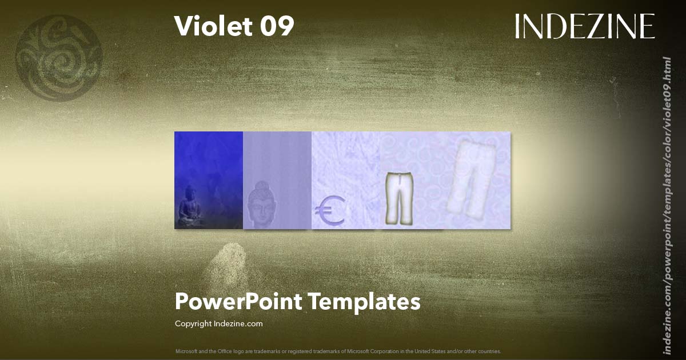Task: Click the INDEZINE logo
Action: click(x=584, y=26)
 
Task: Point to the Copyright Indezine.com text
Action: click(x=218, y=323)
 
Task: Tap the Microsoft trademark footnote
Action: click(x=338, y=351)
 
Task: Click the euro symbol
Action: click(x=329, y=210)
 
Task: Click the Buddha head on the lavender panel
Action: click(x=262, y=205)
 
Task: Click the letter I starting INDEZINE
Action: click(x=518, y=26)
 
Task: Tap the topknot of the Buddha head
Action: click(x=261, y=186)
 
